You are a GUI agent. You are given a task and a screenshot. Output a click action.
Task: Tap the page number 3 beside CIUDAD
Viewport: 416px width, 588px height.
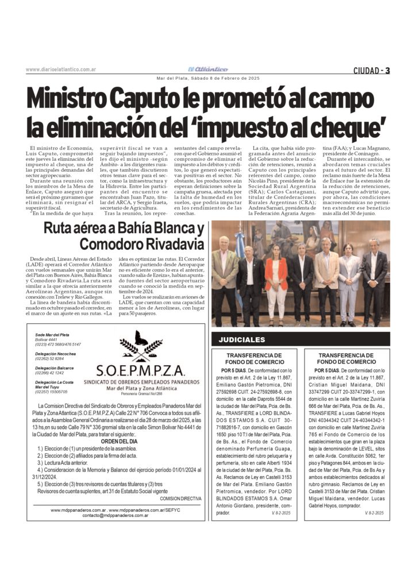click(388, 71)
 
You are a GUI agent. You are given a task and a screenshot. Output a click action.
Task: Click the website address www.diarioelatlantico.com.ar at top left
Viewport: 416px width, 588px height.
click(61, 70)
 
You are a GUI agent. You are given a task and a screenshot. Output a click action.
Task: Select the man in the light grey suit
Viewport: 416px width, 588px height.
click(349, 281)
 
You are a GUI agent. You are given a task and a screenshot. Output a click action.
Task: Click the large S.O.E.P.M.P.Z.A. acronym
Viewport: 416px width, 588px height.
click(137, 370)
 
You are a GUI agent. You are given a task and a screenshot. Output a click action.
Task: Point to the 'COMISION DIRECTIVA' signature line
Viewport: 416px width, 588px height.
click(181, 499)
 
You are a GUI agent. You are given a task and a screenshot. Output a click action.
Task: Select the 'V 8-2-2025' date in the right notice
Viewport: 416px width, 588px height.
click(375, 512)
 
